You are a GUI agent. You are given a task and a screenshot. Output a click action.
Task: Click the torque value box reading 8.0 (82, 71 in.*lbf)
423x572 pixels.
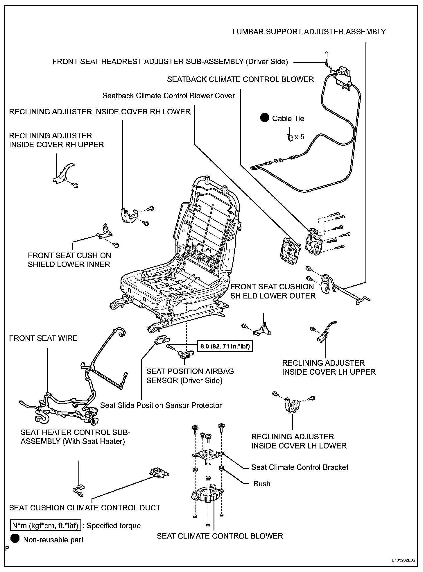click(x=225, y=346)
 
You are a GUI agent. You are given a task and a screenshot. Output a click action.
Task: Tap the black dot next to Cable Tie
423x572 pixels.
click(x=264, y=118)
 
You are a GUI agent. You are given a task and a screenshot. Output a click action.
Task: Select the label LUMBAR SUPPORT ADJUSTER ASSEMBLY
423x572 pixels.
click(x=309, y=32)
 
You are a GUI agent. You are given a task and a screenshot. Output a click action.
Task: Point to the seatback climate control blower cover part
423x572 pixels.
click(x=289, y=249)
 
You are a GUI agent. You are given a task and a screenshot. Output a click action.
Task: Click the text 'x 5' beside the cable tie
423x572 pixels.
click(x=299, y=137)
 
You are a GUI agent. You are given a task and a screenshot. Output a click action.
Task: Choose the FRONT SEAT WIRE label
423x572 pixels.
click(x=43, y=338)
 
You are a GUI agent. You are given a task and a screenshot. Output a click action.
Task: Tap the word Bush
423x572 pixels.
click(x=262, y=483)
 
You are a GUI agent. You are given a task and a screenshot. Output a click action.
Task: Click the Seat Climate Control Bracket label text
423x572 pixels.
click(x=300, y=467)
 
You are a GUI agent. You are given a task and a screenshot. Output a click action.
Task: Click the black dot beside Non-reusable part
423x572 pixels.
click(x=15, y=538)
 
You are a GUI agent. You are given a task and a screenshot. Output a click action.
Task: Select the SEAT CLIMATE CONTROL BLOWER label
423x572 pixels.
click(x=220, y=536)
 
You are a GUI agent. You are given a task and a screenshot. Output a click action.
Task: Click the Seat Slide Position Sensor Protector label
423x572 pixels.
click(x=161, y=405)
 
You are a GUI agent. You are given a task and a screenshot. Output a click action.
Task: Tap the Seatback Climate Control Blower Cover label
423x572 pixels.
click(x=169, y=96)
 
